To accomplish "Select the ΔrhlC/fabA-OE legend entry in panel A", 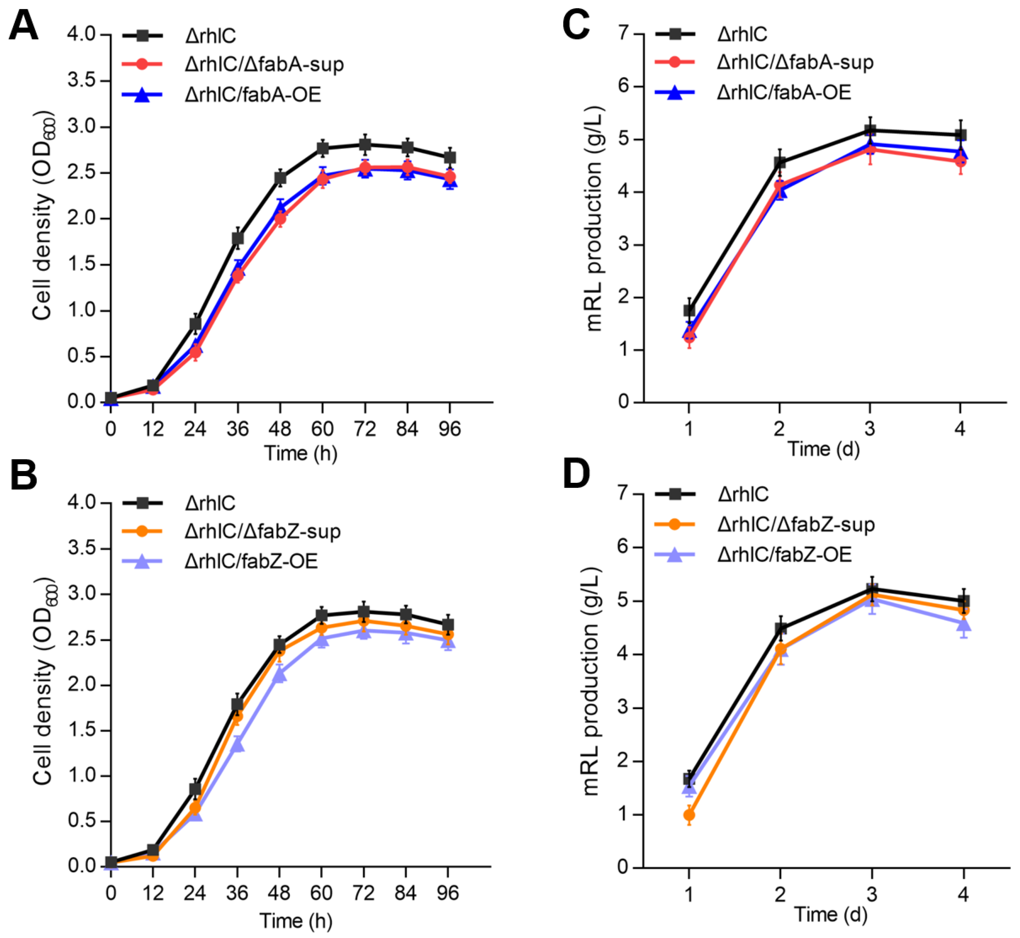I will pos(253,95).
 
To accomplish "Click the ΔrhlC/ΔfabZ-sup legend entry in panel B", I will pos(262,531).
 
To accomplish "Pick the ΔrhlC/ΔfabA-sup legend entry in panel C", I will pos(795,62).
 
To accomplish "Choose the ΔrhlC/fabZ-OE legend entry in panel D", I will pos(784,554).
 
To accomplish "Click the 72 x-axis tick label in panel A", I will pos(364,430).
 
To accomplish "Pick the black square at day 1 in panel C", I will pos(689,310).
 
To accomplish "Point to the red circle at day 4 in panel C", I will pos(960,162).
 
